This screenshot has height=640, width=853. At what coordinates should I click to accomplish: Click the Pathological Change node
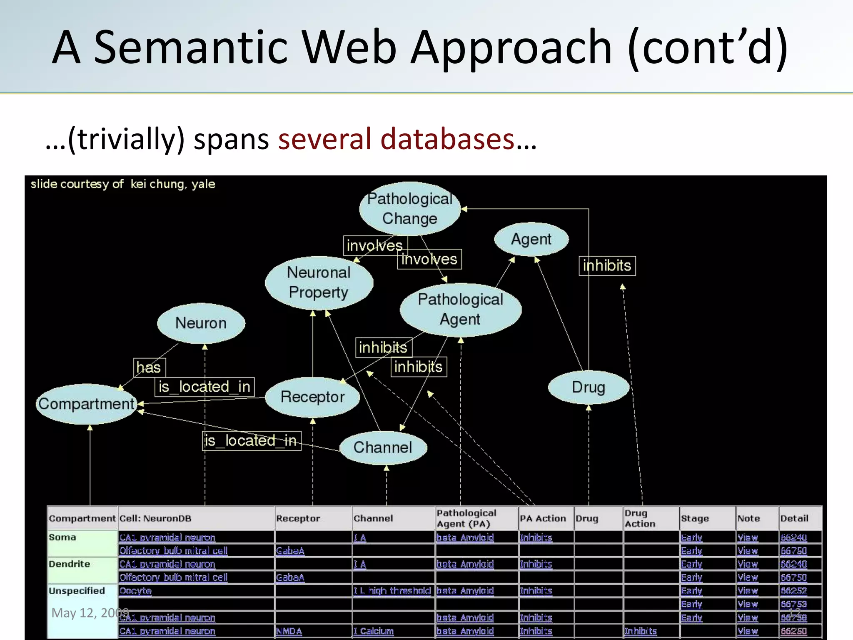tap(410, 209)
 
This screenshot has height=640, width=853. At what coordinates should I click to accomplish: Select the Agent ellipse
tap(531, 239)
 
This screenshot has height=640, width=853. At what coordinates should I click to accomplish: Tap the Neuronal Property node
tap(319, 282)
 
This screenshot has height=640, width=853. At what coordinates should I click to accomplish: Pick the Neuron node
tap(201, 323)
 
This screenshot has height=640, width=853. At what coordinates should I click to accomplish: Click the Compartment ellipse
tap(86, 404)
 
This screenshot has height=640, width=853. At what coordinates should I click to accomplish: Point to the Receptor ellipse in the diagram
tap(312, 397)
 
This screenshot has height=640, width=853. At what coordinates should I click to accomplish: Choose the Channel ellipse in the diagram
tap(383, 447)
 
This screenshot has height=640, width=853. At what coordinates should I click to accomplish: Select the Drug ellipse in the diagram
tap(588, 387)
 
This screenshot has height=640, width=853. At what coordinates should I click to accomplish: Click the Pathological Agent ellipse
tap(460, 309)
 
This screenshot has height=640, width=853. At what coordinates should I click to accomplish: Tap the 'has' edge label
tap(149, 367)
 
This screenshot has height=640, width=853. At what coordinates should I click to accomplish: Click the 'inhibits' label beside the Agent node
tap(607, 265)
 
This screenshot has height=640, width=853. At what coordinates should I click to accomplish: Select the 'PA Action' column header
tap(543, 518)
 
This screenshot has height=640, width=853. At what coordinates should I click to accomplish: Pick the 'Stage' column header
tap(695, 518)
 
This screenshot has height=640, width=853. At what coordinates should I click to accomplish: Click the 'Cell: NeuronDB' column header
tap(155, 518)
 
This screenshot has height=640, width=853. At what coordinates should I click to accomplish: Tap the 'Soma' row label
tap(62, 537)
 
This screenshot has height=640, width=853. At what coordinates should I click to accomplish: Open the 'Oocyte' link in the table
tap(135, 591)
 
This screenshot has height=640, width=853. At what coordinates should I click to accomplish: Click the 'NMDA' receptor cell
tap(289, 631)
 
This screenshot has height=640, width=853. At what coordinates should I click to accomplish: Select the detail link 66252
tap(793, 591)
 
